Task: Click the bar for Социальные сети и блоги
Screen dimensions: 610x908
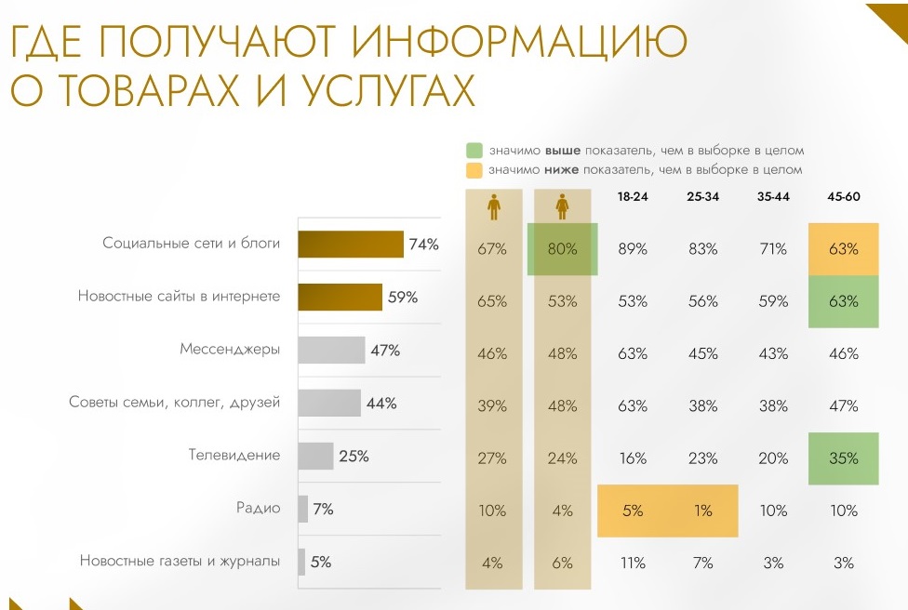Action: (x=351, y=245)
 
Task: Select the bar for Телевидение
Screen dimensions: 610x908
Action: (x=315, y=457)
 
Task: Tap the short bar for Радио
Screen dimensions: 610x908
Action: (x=303, y=510)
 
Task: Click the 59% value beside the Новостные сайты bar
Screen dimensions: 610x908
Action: (x=403, y=298)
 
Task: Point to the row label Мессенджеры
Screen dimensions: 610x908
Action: (x=230, y=351)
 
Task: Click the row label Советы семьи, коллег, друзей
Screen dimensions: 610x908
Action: (x=175, y=403)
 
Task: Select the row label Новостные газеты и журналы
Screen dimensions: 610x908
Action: (x=180, y=562)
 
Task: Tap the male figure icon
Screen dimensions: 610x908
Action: (x=493, y=207)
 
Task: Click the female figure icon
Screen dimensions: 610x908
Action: (x=562, y=207)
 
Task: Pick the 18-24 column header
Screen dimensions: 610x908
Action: (x=634, y=197)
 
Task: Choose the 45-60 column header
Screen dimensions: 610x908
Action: (x=843, y=197)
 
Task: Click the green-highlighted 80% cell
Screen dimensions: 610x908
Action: (x=562, y=249)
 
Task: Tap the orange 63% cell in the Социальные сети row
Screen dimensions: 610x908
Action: (x=844, y=249)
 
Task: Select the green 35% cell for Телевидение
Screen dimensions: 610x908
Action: (x=844, y=457)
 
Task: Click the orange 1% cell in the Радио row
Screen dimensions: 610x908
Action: (x=702, y=511)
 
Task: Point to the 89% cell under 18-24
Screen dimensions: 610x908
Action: (x=634, y=249)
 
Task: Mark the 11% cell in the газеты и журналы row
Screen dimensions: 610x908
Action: (x=634, y=563)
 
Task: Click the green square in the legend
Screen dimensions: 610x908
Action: (x=474, y=150)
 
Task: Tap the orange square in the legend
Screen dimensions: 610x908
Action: (x=474, y=170)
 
